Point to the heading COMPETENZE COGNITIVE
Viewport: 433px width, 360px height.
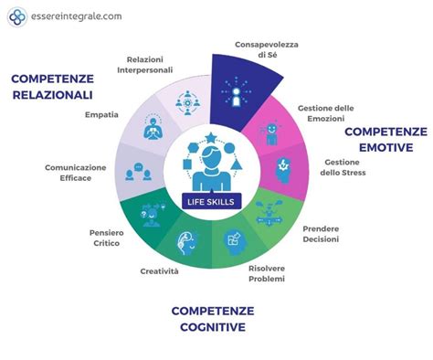pos(211,318)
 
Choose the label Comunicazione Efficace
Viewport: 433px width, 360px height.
pos(76,173)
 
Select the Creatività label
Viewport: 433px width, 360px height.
pos(160,270)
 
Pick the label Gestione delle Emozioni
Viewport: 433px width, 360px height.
pos(326,114)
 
